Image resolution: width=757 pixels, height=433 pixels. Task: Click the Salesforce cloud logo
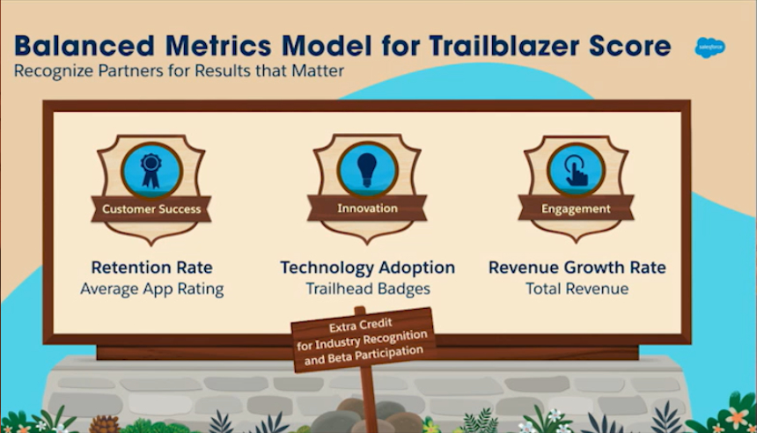point(709,48)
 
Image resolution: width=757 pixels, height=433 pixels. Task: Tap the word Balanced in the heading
point(84,46)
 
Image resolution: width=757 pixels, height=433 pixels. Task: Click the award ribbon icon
point(151,171)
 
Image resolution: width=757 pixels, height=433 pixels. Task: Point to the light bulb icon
point(367,170)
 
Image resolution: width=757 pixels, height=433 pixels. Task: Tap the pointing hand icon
point(576,171)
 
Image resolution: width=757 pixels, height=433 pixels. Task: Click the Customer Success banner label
point(151,209)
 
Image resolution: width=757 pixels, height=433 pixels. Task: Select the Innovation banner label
point(367,208)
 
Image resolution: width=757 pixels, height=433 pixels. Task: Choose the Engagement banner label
point(576,209)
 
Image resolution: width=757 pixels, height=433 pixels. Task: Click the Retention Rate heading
point(151,267)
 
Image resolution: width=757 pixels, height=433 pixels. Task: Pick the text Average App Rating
point(151,289)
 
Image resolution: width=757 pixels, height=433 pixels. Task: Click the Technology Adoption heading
point(367,268)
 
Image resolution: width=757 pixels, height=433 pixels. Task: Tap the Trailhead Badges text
point(367,289)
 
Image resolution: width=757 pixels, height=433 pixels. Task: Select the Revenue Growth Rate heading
point(577,267)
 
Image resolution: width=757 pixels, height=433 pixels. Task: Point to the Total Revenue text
point(577,289)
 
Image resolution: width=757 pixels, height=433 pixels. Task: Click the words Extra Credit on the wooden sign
point(361,325)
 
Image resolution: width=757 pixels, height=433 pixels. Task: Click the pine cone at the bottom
point(105,424)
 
